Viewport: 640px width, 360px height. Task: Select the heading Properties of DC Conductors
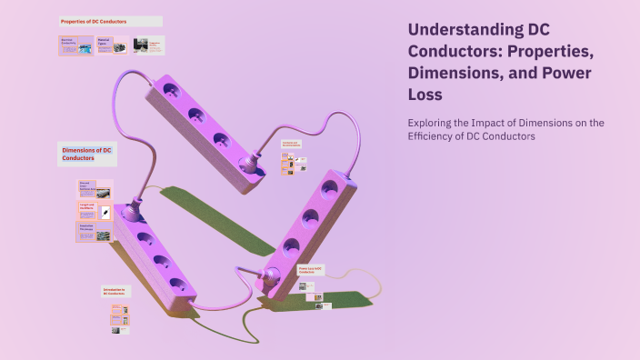coord(95,20)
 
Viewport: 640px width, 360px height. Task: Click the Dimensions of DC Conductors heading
coord(86,154)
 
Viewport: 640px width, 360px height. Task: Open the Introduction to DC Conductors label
coord(115,292)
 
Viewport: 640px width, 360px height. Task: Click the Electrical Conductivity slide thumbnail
coord(76,45)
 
